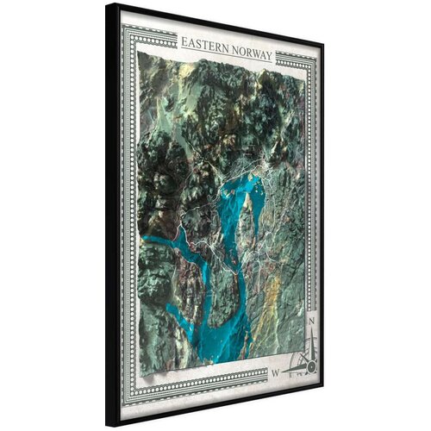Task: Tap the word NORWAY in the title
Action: (x=249, y=55)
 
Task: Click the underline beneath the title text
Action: (x=226, y=62)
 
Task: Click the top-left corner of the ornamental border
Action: (x=123, y=27)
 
